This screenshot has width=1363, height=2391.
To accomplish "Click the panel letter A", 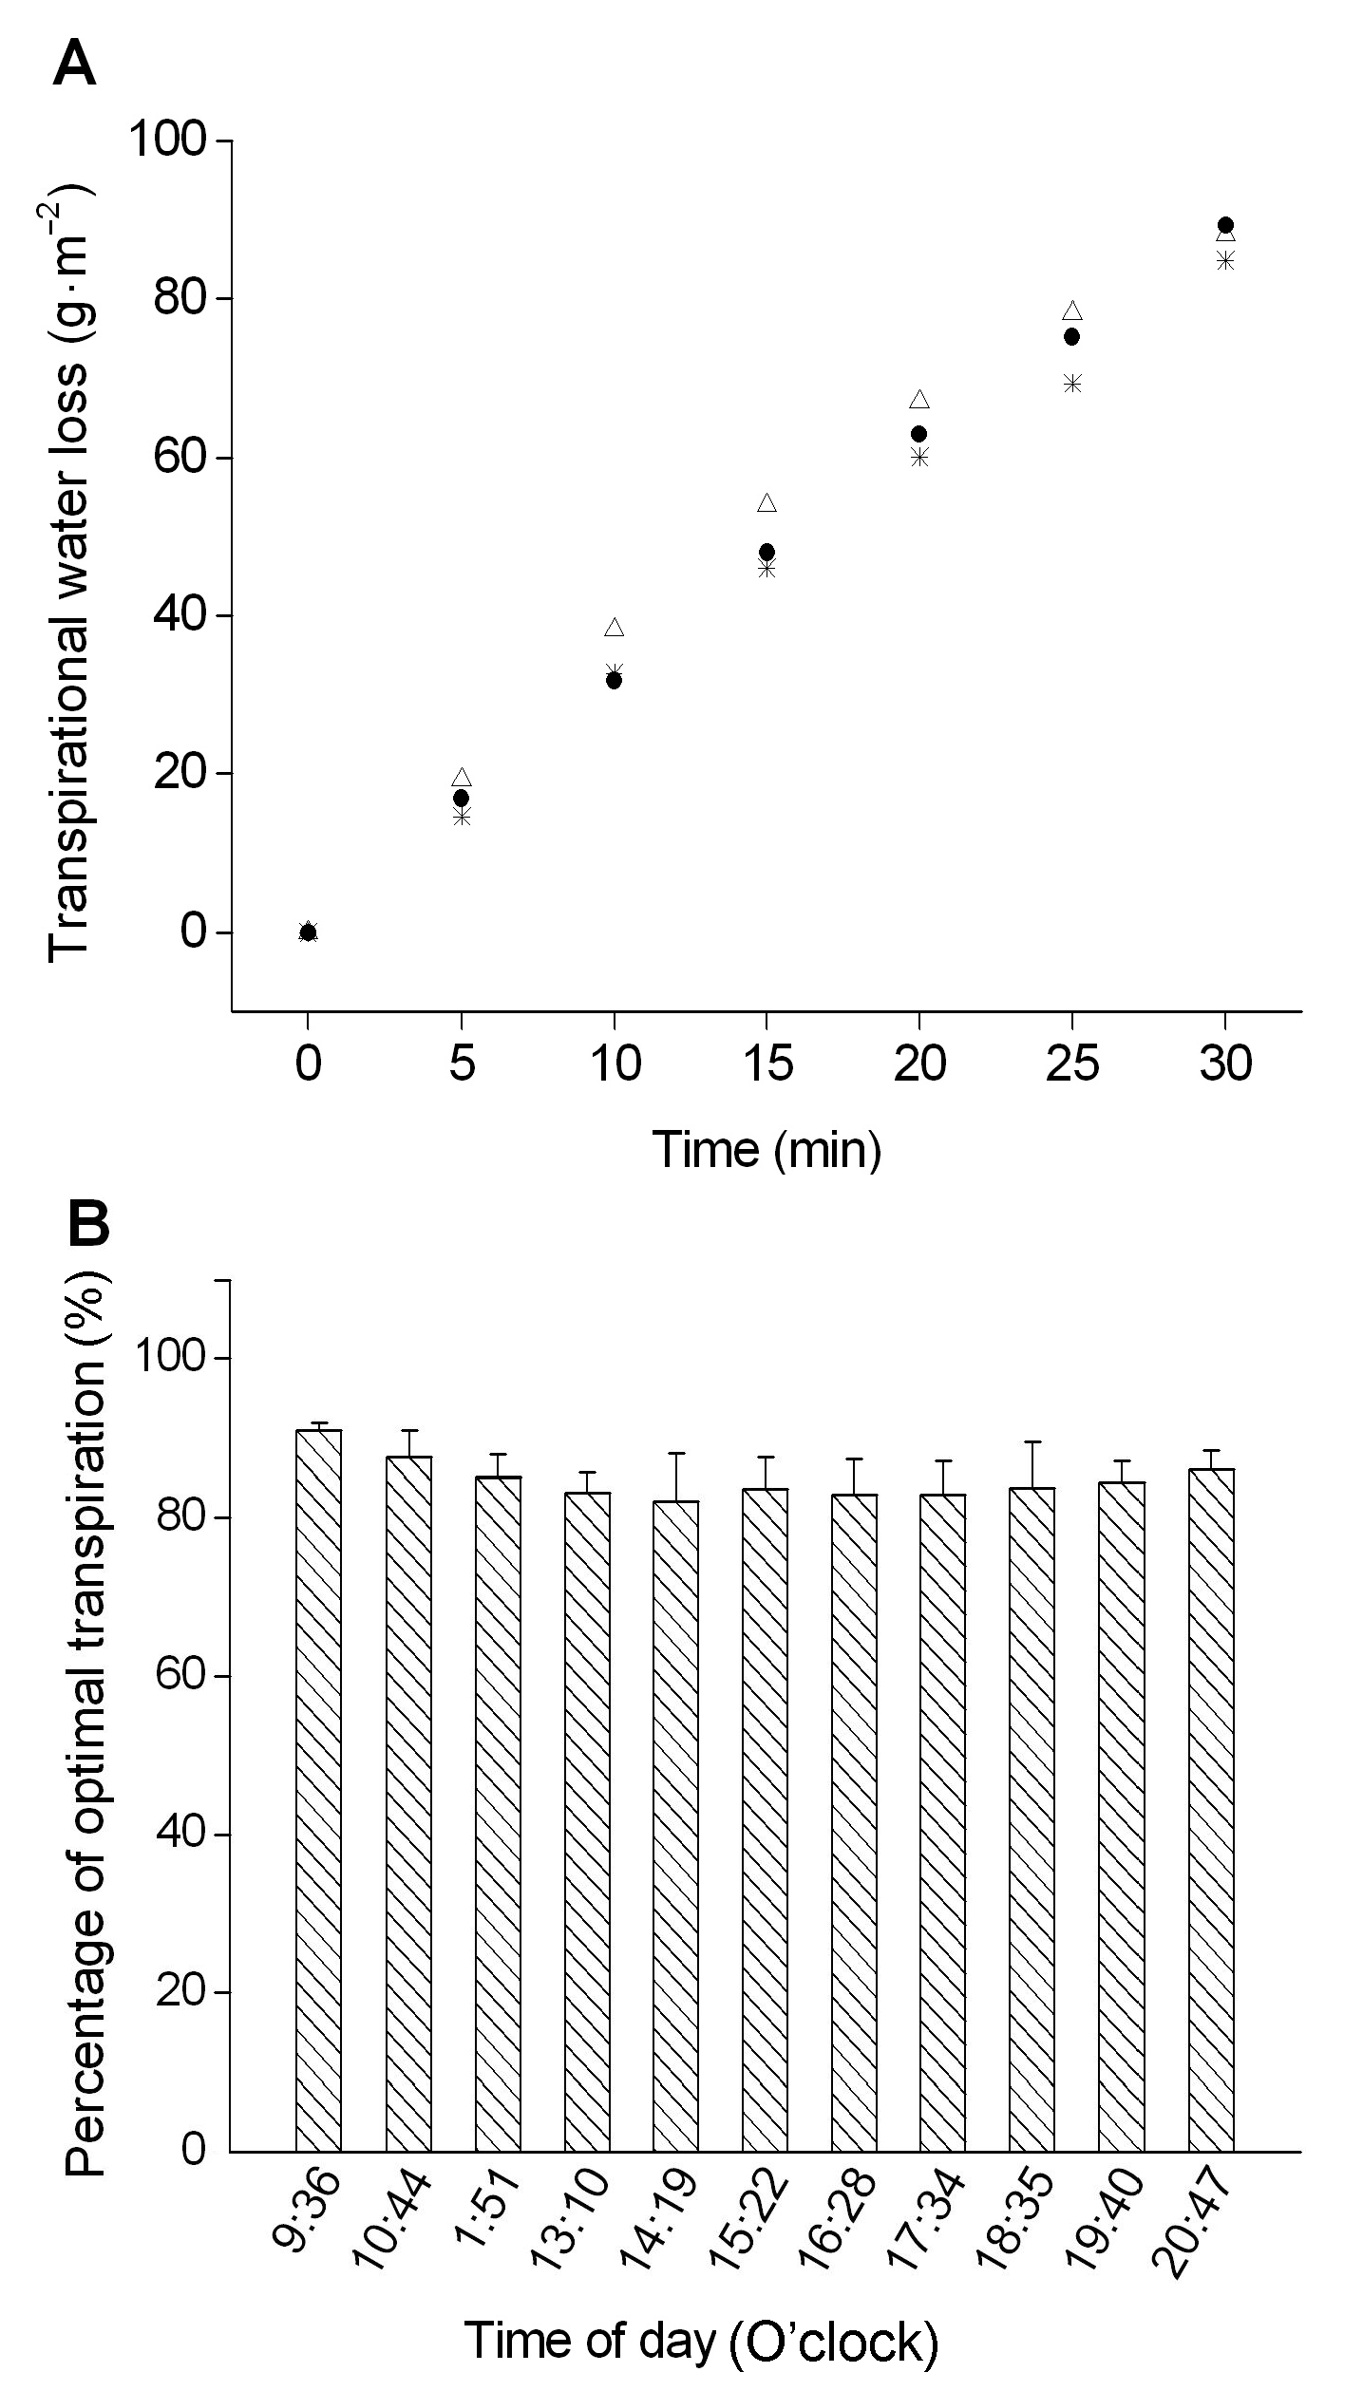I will tap(74, 66).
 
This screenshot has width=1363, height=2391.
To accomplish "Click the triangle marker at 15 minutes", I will tap(767, 503).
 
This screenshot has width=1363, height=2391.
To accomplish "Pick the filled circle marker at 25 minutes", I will tap(1071, 336).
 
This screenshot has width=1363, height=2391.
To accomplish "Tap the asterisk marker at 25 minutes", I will tap(1072, 384).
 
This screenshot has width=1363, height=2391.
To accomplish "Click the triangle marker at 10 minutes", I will tap(614, 628).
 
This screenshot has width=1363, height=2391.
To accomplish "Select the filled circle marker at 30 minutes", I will tap(1225, 225).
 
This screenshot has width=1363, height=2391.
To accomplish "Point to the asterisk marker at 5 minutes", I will tap(462, 817).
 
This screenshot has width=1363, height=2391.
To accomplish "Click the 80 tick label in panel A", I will tap(177, 298).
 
